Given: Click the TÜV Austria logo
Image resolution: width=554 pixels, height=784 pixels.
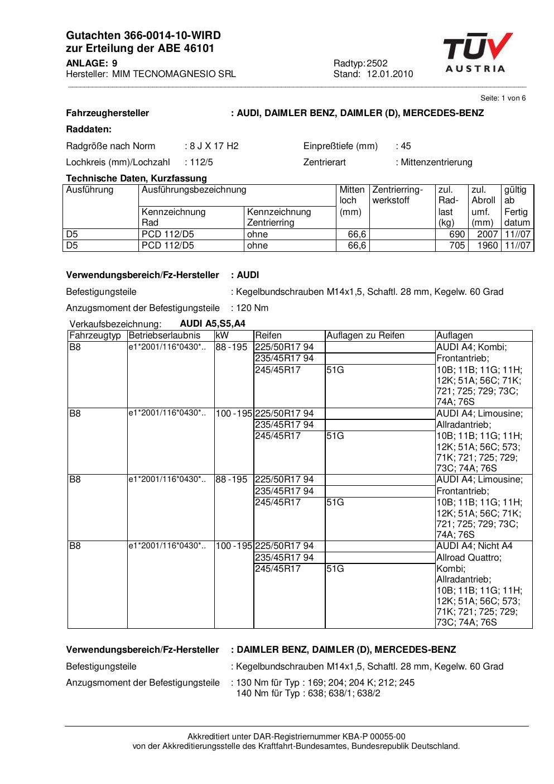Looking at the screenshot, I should [x=477, y=52].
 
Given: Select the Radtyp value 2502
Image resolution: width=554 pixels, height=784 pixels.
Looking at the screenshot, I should [x=377, y=64].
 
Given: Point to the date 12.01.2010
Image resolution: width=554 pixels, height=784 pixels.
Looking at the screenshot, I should [x=389, y=74].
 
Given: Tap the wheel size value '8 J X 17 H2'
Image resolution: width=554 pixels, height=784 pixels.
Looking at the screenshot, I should [x=214, y=146].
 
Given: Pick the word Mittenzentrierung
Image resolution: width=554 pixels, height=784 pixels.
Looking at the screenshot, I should [x=437, y=162].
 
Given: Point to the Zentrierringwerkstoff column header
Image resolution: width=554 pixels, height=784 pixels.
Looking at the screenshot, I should [x=398, y=195].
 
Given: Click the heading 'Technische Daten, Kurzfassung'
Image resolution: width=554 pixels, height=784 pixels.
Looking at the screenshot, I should [x=136, y=179].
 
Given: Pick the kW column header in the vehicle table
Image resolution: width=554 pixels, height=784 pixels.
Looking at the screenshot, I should [x=221, y=336].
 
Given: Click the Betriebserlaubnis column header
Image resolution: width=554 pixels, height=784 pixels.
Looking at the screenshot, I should [x=164, y=336].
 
